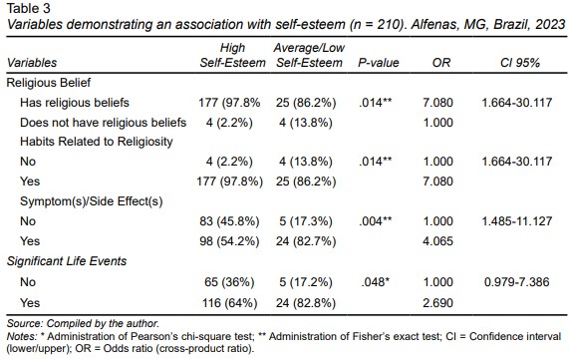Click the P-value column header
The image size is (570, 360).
[379, 63]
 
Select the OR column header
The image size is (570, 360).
[440, 63]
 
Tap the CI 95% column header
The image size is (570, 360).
[520, 63]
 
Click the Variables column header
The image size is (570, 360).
[32, 63]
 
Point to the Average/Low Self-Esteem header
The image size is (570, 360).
[309, 55]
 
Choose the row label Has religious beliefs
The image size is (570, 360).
[75, 103]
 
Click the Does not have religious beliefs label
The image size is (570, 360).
[104, 123]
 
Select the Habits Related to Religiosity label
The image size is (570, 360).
[97, 142]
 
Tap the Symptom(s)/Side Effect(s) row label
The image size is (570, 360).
[92, 201]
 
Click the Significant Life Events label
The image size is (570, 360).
[67, 261]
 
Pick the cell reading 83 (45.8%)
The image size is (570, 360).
[229, 221]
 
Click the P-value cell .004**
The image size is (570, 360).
[376, 221]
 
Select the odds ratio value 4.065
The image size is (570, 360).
[437, 241]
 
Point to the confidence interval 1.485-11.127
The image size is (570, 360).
[517, 221]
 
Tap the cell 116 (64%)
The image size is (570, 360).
[230, 303]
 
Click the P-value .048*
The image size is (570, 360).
[376, 282]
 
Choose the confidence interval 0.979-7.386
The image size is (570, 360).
[517, 282]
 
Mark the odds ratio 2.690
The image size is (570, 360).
[437, 303]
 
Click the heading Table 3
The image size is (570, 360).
[29, 8]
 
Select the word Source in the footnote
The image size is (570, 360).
[25, 323]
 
